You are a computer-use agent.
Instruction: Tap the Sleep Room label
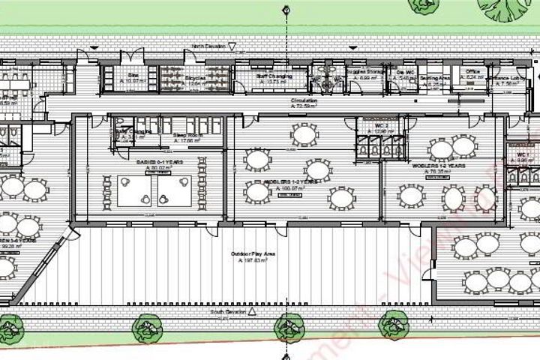coord(184,135)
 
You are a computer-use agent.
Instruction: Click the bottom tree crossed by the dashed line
coord(287,325)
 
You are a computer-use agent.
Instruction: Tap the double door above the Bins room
coord(133,56)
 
